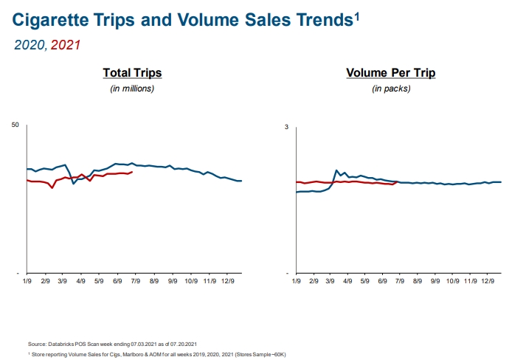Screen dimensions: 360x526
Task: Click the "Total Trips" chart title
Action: [x=132, y=73]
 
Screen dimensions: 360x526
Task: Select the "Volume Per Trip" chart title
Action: [x=391, y=73]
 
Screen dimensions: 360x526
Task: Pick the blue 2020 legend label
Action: [x=30, y=45]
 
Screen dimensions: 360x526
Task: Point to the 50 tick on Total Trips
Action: [x=15, y=124]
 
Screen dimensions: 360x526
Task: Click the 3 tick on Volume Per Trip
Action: [x=286, y=127]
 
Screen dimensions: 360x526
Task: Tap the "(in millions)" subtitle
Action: [x=132, y=89]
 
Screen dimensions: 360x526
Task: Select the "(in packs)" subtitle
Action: [x=391, y=89]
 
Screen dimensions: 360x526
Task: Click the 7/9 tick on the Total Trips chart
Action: [x=135, y=281]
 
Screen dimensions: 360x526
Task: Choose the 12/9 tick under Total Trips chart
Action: [x=227, y=281]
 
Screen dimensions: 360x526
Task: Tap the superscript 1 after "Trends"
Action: [x=357, y=13]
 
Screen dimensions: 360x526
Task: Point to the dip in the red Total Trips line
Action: [x=52, y=188]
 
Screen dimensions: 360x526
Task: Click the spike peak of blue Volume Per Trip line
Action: [x=336, y=170]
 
